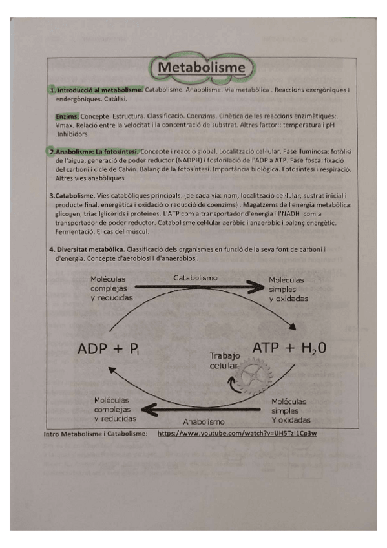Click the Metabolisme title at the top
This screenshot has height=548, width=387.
point(202,68)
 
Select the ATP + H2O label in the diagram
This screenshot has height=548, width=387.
point(288,348)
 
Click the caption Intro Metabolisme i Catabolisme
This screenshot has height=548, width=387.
point(96,434)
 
